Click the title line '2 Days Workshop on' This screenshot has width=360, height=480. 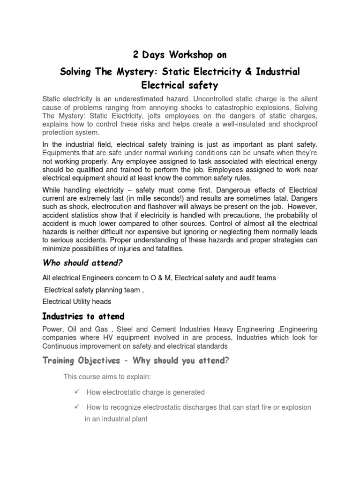pyautogui.click(x=180, y=55)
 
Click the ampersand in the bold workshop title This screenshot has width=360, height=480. pyautogui.click(x=249, y=72)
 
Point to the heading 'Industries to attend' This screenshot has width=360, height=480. pyautogui.click(x=83, y=316)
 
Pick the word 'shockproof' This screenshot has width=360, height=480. pyautogui.click(x=300, y=124)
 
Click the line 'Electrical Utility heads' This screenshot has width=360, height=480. pyautogui.click(x=77, y=301)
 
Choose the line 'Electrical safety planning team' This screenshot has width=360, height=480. pyautogui.click(x=92, y=290)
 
